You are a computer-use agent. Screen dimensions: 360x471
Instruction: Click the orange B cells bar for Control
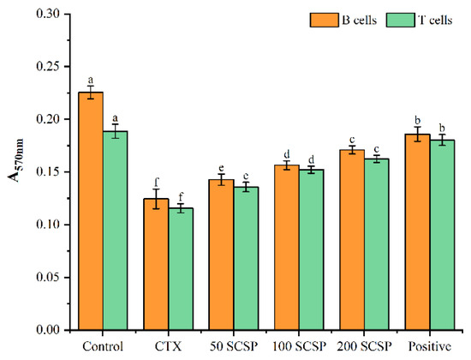point(91,211)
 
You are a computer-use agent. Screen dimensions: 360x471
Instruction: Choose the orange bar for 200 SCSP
point(352,240)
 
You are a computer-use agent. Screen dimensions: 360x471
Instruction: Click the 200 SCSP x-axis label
point(364,347)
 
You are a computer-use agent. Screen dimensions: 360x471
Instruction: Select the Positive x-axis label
point(430,347)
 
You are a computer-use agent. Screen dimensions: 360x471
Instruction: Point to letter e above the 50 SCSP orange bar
point(221,169)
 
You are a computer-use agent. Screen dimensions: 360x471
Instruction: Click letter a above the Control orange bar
point(91,79)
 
